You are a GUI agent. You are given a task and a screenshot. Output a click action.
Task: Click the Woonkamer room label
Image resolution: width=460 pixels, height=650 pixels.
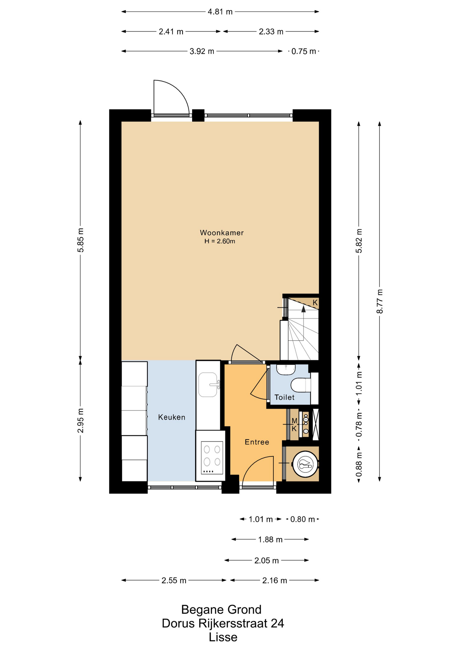click(x=222, y=233)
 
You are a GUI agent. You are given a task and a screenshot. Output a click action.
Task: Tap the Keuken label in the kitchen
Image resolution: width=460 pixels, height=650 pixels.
click(x=172, y=417)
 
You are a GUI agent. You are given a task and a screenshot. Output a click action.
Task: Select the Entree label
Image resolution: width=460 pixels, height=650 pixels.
click(x=257, y=442)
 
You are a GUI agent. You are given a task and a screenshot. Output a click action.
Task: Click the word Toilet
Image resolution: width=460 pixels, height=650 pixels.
click(x=284, y=397)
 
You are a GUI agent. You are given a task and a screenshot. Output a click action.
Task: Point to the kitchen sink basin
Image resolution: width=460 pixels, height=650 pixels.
click(x=208, y=385)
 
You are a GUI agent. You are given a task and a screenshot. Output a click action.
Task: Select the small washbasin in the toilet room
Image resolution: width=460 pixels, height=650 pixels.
click(x=286, y=369)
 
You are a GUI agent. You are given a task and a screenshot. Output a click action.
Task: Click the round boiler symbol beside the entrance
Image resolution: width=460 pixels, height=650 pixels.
click(x=306, y=464)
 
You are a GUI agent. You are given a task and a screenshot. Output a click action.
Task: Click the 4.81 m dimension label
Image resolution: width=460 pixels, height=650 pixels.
click(x=220, y=12)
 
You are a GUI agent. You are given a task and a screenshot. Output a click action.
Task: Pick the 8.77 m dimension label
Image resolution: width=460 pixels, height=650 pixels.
click(x=380, y=301)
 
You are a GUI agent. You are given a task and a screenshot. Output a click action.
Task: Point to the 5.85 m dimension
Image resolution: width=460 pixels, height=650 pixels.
click(x=81, y=240)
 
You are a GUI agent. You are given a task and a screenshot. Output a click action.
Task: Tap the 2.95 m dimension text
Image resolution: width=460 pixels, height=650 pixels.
click(x=81, y=420)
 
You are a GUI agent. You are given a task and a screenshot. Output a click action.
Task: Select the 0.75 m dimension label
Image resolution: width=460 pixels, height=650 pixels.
click(x=304, y=51)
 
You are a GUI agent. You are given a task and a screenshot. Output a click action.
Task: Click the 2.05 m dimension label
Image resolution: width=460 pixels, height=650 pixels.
click(x=267, y=561)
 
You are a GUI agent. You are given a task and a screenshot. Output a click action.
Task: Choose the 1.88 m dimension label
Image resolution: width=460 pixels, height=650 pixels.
click(x=270, y=540)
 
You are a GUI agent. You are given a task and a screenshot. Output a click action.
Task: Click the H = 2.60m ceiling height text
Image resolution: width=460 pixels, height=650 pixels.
click(x=220, y=241)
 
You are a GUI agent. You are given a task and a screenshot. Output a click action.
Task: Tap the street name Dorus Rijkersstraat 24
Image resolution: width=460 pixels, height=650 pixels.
click(x=223, y=623)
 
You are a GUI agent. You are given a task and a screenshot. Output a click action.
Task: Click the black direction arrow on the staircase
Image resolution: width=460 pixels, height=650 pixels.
click(x=304, y=308)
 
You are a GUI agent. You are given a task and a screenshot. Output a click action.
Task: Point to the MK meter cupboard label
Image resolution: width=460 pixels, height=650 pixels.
click(x=294, y=425)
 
